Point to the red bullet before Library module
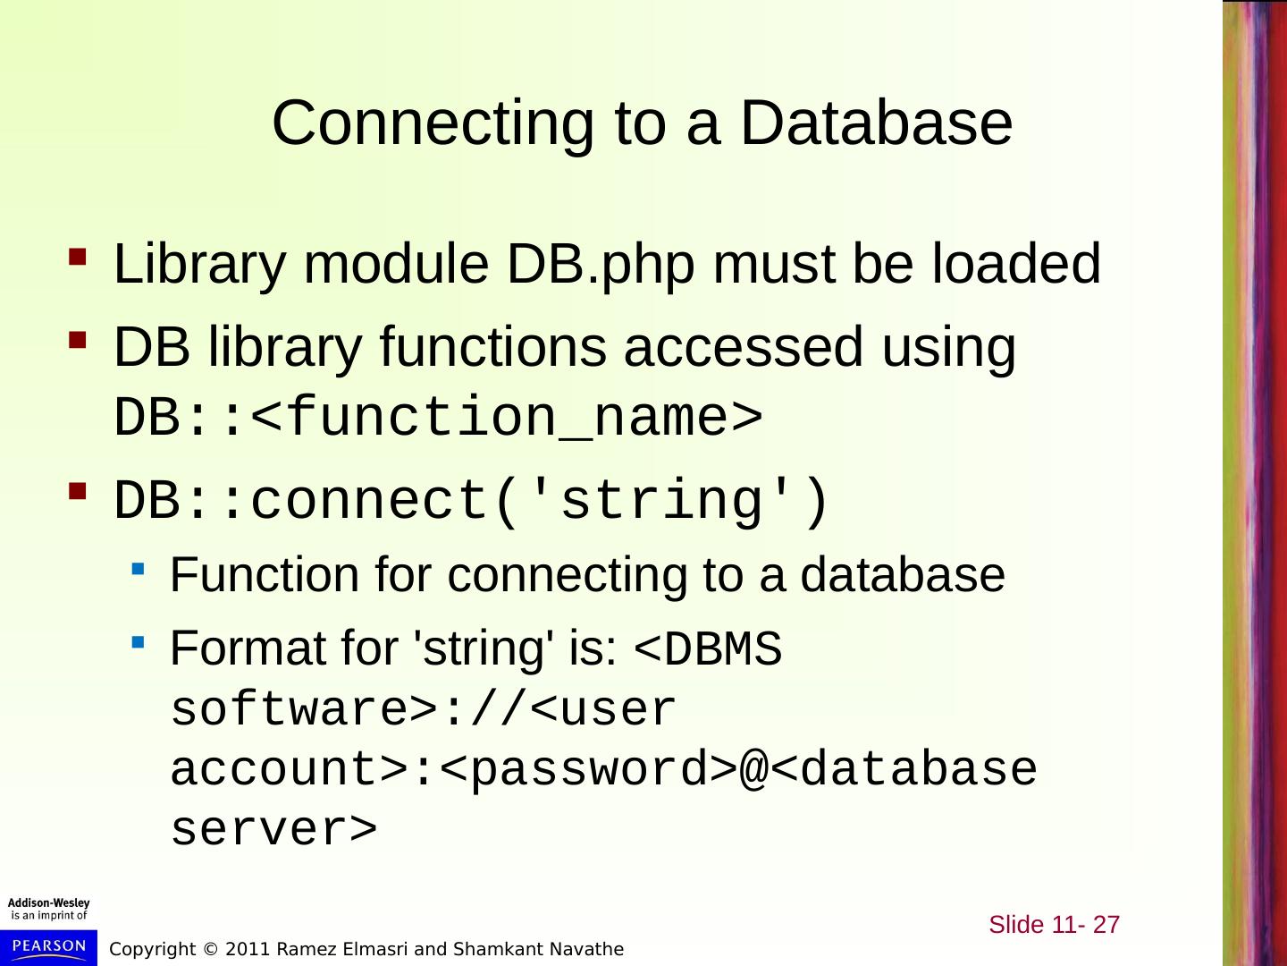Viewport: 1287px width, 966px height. point(78,258)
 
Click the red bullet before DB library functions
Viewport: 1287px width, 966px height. point(78,341)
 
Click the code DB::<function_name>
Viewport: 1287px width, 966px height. point(438,418)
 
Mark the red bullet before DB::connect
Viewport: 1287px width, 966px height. point(78,492)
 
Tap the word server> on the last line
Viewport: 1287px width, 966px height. point(273,830)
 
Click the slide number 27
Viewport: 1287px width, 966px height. point(1106,924)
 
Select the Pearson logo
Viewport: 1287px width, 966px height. point(48,946)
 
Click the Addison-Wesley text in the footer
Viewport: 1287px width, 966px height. point(48,903)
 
